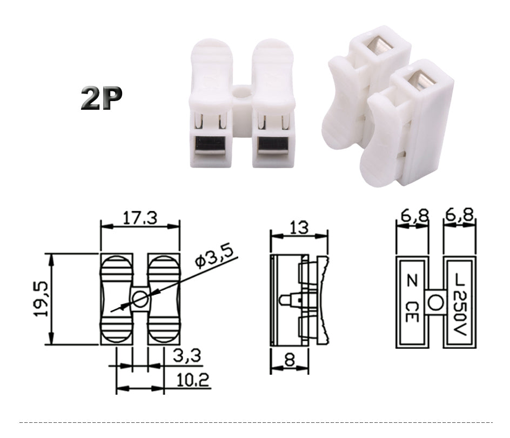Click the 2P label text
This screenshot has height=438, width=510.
click(101, 97)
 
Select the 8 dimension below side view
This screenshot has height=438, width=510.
click(290, 360)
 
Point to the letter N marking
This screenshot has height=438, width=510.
click(412, 282)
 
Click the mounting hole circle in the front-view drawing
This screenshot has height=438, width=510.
click(140, 299)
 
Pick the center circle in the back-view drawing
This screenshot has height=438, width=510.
click(435, 303)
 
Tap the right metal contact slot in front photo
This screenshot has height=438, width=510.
click(272, 144)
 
